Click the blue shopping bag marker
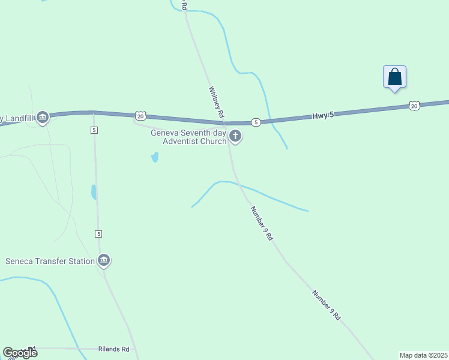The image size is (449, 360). pyautogui.click(x=394, y=77)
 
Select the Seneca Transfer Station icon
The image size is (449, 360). pyautogui.click(x=104, y=260)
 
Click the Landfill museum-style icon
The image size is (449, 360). pyautogui.click(x=42, y=117)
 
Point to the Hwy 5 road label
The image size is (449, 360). pyautogui.click(x=323, y=115)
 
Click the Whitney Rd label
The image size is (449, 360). pyautogui.click(x=216, y=101)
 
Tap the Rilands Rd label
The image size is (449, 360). pyautogui.click(x=113, y=349)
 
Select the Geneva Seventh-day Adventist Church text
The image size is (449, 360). pyautogui.click(x=188, y=137)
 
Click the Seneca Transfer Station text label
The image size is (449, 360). pyautogui.click(x=50, y=261)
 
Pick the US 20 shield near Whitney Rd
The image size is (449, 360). pyautogui.click(x=140, y=115)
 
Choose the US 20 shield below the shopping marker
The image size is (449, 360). pyautogui.click(x=414, y=106)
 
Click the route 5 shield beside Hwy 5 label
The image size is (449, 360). pyautogui.click(x=256, y=122)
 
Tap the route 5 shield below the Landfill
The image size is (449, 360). pyautogui.click(x=94, y=130)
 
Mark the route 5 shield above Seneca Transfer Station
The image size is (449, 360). pyautogui.click(x=98, y=233)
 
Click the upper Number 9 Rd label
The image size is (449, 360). pyautogui.click(x=262, y=223)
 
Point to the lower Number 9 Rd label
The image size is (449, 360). pyautogui.click(x=327, y=305)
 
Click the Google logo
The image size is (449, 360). pyautogui.click(x=20, y=352)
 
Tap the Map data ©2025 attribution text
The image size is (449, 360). pyautogui.click(x=423, y=355)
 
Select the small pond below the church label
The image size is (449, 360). pyautogui.click(x=155, y=157)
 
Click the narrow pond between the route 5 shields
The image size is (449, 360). pyautogui.click(x=94, y=192)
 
